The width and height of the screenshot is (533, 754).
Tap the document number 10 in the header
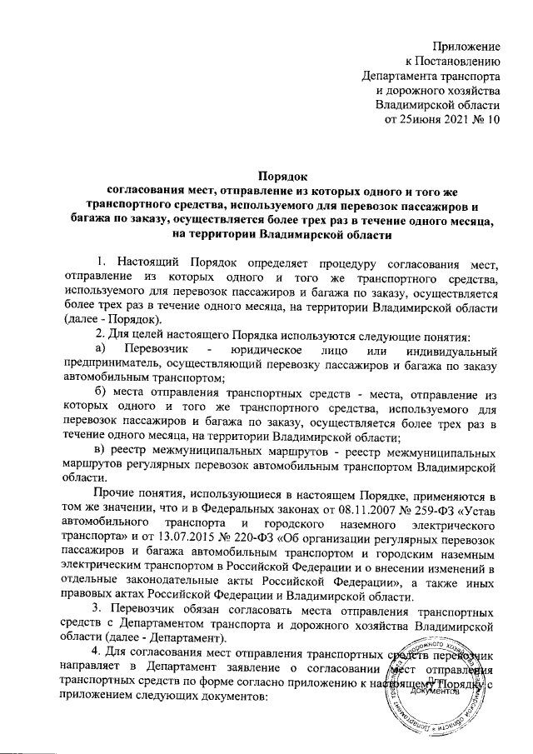(x=492, y=122)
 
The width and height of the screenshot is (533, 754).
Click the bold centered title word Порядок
(x=283, y=176)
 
